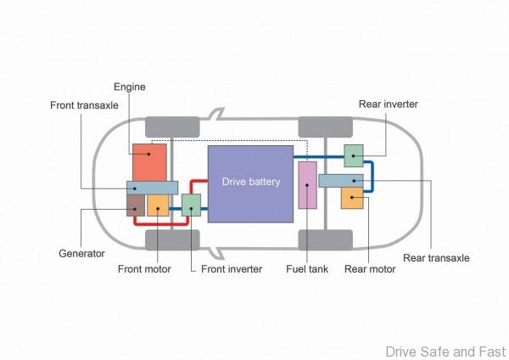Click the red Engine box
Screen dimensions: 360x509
[x=149, y=161]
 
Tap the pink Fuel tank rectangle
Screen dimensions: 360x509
[x=307, y=186]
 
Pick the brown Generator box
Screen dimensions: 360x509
[x=135, y=205]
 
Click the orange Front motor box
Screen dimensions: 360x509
[x=159, y=205]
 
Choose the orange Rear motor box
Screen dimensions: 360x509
[x=352, y=198]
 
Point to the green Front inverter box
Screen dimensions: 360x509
[x=192, y=205]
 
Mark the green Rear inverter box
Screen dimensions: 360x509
[x=354, y=155]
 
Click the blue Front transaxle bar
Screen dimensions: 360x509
[x=152, y=188]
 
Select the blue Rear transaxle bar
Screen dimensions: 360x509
[x=340, y=180]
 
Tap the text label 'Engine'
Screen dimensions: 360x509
[x=130, y=87]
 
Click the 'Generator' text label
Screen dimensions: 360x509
[x=81, y=254]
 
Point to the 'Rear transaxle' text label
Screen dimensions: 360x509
[x=436, y=257]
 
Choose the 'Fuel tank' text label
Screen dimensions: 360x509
[x=307, y=270]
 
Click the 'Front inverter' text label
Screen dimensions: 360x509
[x=232, y=270]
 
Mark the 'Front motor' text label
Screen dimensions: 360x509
[x=144, y=270]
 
